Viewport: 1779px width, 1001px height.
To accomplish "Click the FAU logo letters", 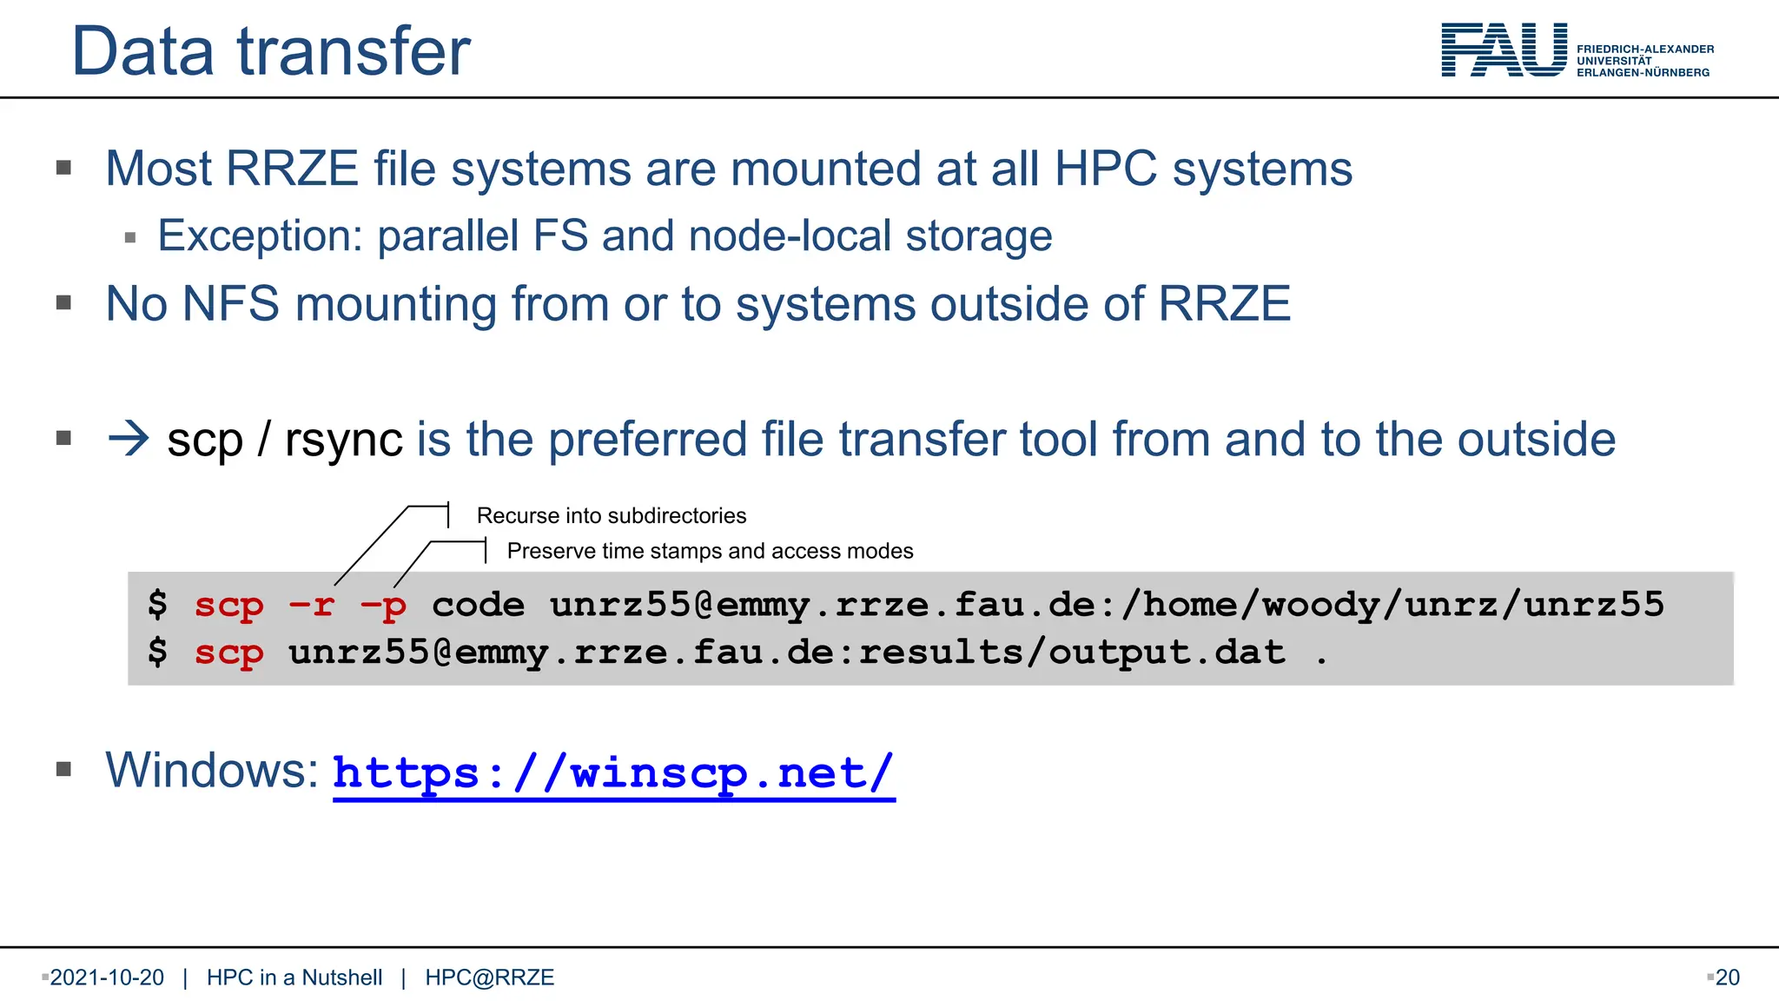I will [x=1504, y=50].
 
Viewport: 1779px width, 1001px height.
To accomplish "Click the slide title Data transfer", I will [x=271, y=51].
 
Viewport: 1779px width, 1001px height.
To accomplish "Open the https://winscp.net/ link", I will [x=613, y=772].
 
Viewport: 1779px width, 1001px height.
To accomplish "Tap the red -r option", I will [x=312, y=605].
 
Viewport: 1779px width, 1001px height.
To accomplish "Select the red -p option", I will [x=383, y=606].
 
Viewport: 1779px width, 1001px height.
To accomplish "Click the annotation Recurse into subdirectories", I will [x=612, y=515].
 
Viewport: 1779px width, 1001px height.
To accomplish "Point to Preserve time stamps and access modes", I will [x=710, y=551].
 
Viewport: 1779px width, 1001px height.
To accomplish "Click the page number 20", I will [x=1727, y=978].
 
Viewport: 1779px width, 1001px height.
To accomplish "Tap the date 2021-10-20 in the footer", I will [x=107, y=978].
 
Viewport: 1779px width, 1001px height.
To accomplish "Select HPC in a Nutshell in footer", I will [x=294, y=978].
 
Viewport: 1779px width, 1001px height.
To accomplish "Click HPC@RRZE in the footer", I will [x=489, y=978].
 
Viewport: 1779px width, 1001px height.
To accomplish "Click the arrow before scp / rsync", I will [x=129, y=439].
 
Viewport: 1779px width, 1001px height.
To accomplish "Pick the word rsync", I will [x=343, y=441].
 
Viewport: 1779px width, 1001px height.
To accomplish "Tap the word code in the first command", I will [x=478, y=605].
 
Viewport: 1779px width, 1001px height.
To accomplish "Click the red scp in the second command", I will [x=228, y=653].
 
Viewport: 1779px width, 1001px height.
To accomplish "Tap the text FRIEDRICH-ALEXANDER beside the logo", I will [x=1645, y=50].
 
